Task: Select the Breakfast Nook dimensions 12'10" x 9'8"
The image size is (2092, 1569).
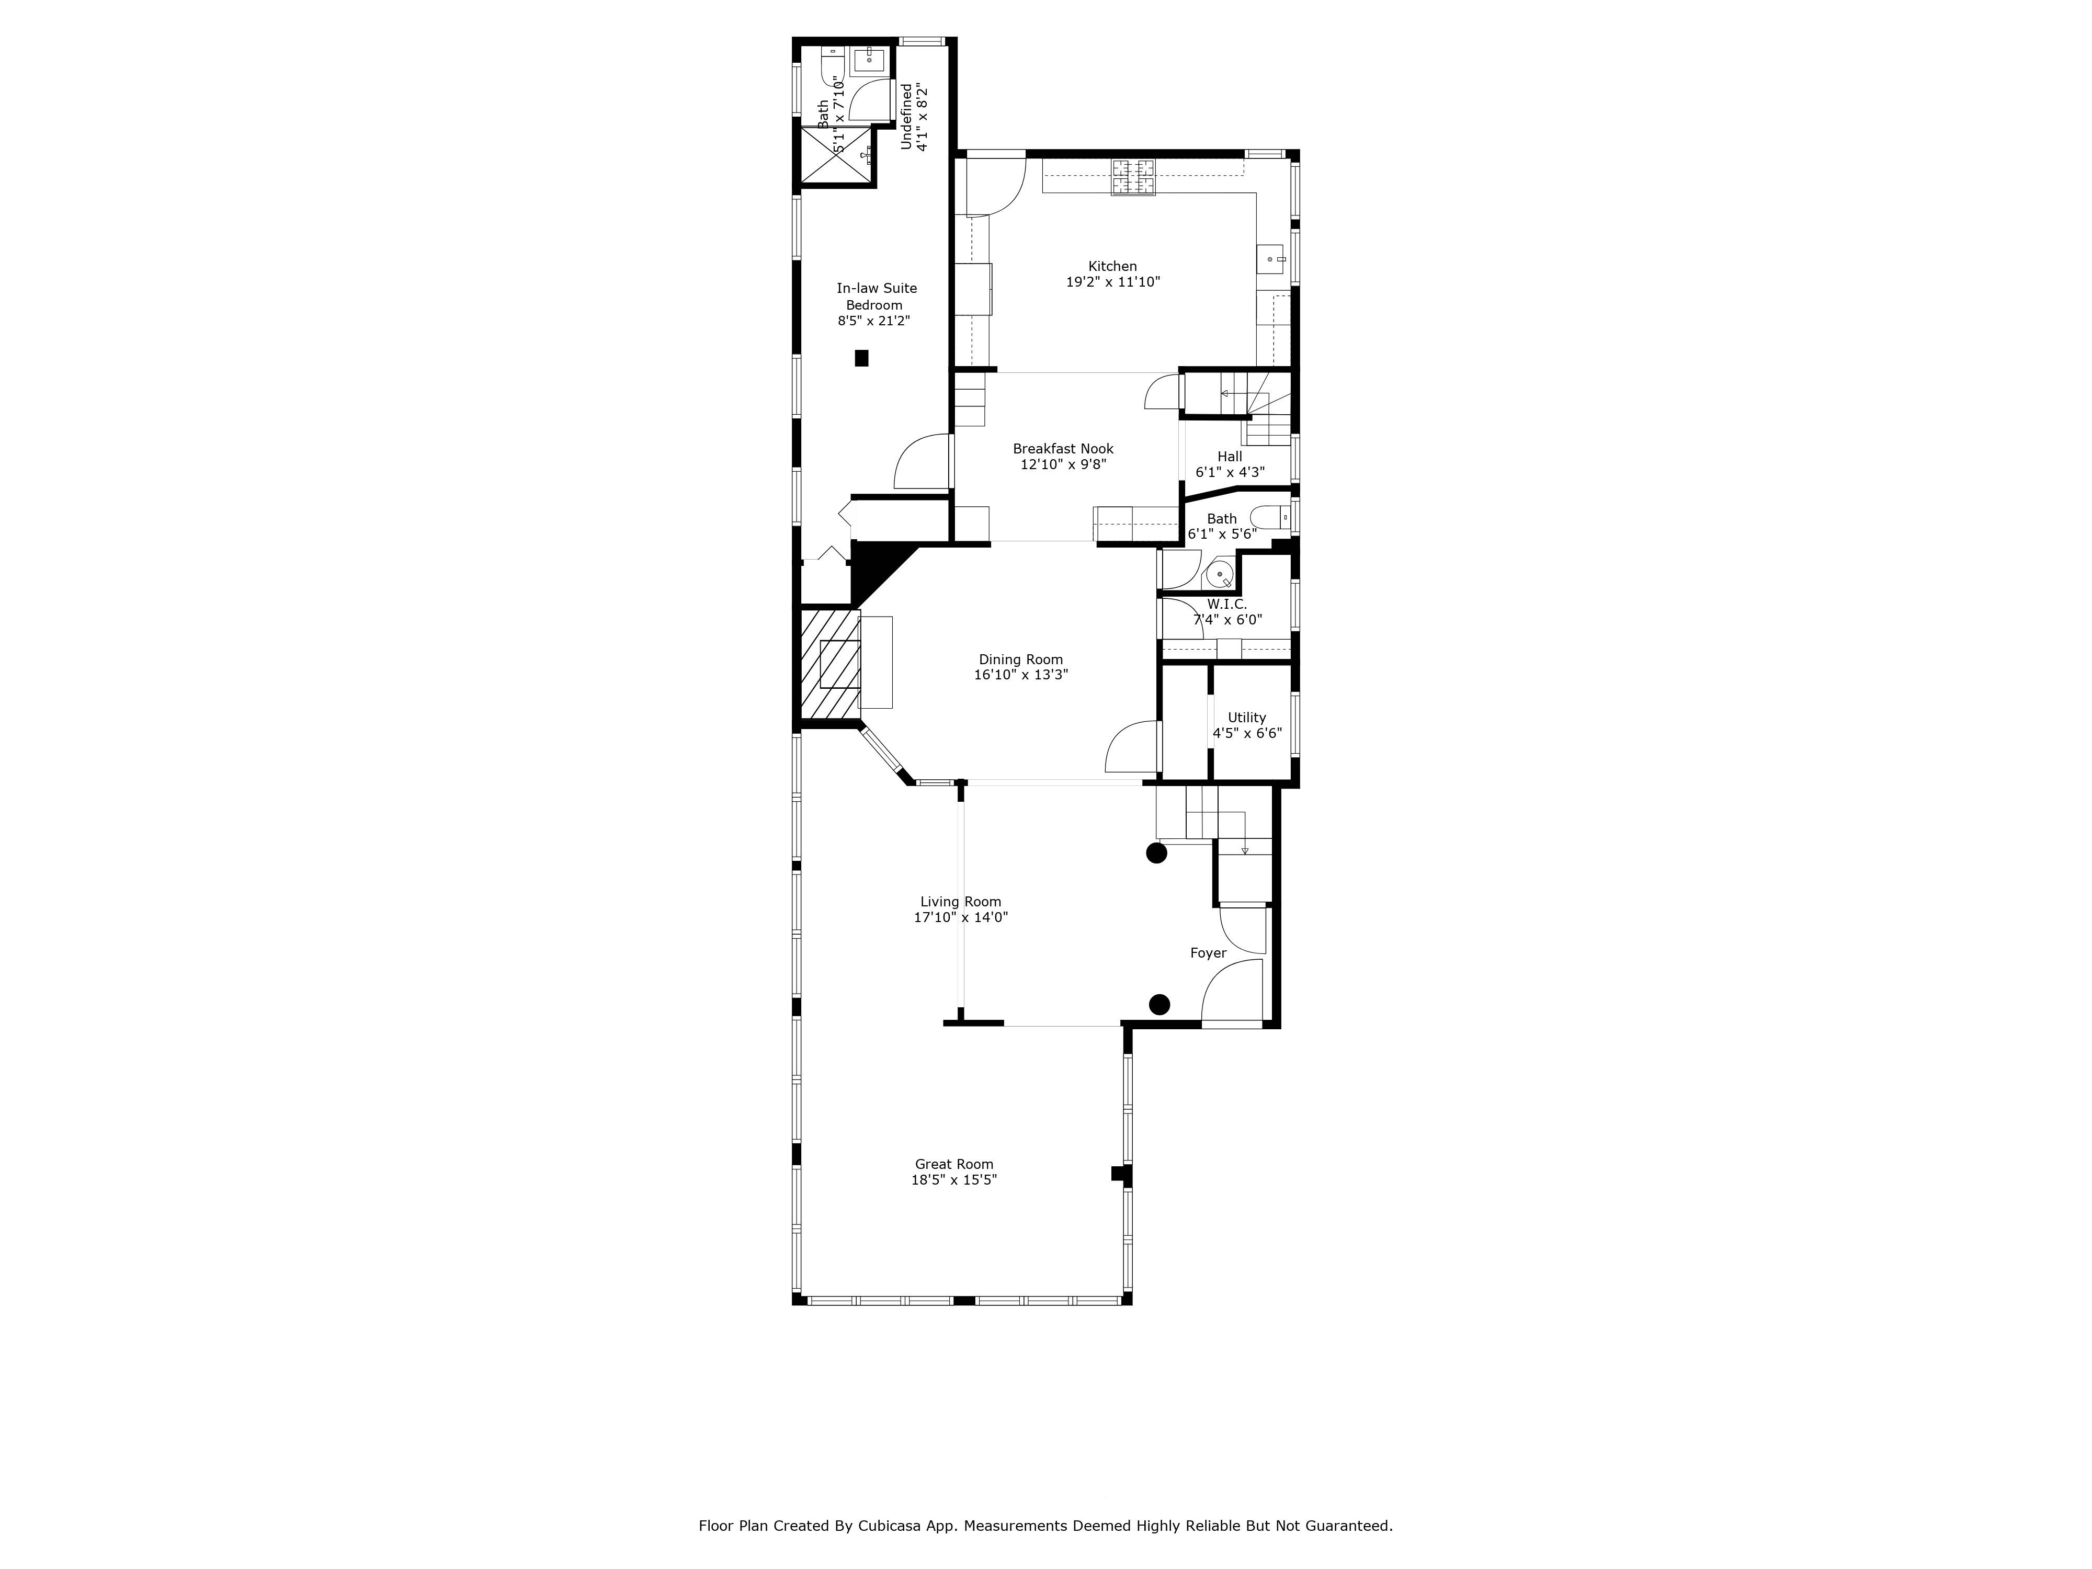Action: tap(1063, 464)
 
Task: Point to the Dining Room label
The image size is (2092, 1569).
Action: tap(1020, 659)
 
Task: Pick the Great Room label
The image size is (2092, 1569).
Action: tap(953, 1164)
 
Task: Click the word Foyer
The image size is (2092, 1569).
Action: tap(1208, 953)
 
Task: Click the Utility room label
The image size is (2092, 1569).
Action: tap(1246, 717)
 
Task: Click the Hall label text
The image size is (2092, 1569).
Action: tap(1230, 457)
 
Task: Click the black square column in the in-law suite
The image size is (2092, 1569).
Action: tap(861, 358)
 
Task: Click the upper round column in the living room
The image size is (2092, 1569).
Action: tap(1156, 853)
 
